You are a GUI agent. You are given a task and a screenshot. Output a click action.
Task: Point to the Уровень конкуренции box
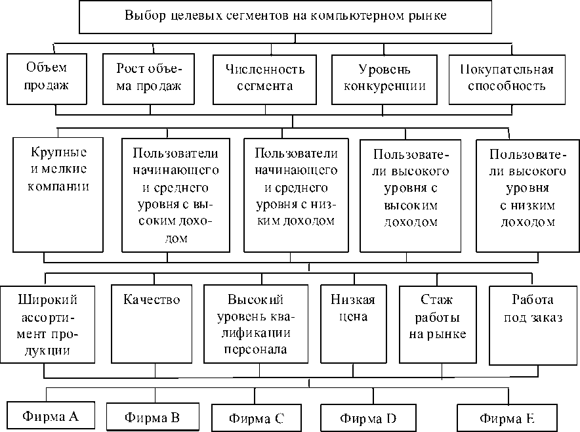[384, 78]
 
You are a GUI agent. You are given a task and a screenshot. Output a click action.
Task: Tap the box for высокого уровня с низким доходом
[528, 196]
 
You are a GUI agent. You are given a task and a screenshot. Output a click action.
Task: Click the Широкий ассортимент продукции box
[45, 325]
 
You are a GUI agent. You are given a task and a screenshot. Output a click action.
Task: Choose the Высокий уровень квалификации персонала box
[256, 325]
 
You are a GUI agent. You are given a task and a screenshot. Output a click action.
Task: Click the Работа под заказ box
[531, 325]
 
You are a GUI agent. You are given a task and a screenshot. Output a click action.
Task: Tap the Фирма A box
[51, 415]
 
